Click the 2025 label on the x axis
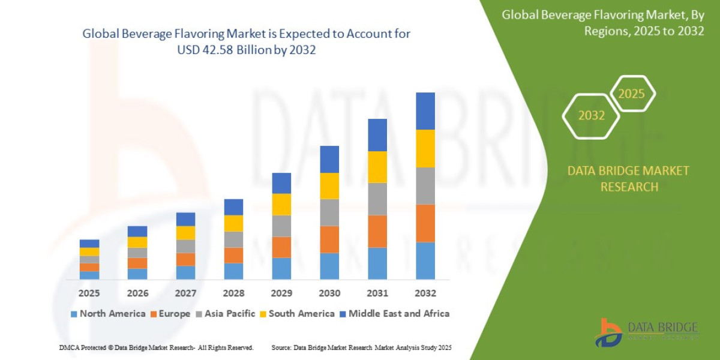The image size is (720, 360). [89, 293]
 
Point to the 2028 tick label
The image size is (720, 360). [233, 293]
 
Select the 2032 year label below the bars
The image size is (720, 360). [425, 293]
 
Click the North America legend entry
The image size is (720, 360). [108, 313]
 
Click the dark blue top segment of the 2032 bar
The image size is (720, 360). [425, 111]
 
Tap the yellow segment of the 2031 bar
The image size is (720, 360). [377, 167]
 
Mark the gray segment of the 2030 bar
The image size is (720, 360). [329, 212]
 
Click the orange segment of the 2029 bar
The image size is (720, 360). [281, 247]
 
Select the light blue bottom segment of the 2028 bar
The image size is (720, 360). [233, 271]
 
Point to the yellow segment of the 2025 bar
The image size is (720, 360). [89, 252]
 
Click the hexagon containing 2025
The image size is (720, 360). [631, 94]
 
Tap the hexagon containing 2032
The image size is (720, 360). [591, 116]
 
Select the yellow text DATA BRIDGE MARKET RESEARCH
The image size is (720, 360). [628, 179]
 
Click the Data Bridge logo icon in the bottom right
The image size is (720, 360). [608, 332]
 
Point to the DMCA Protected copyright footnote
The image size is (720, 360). [156, 347]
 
